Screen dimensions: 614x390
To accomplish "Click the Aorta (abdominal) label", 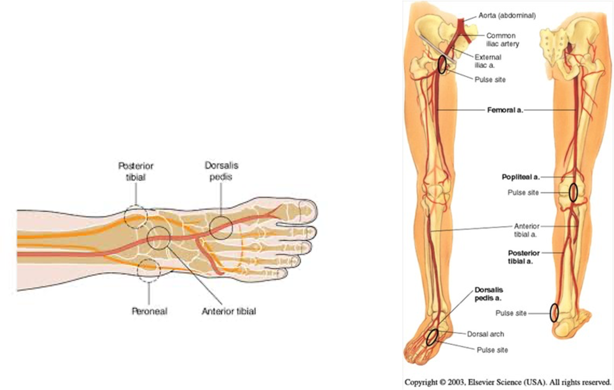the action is [x=507, y=15].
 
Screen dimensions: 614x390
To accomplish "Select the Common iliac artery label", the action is [x=503, y=40].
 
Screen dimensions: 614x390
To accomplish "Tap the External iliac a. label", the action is [x=488, y=61].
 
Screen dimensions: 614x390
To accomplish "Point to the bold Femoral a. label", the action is [x=505, y=110].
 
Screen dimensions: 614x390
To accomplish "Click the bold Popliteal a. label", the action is [x=520, y=177].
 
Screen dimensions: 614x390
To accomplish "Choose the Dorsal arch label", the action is [x=485, y=334].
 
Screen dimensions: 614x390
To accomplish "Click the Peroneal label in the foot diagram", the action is [x=149, y=311].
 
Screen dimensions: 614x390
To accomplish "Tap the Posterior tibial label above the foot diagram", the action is [x=136, y=171].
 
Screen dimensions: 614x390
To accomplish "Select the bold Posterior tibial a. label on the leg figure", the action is [x=524, y=257].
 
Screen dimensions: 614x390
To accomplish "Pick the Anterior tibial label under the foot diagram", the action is [x=229, y=311].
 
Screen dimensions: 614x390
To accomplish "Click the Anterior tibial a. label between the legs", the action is [x=526, y=230].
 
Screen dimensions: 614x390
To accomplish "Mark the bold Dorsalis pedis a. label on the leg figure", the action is [x=489, y=294].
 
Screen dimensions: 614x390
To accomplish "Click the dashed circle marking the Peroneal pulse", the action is [x=149, y=270].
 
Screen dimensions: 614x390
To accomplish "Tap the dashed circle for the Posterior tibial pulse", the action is [x=135, y=216].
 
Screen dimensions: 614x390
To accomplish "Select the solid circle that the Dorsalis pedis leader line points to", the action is [x=221, y=227].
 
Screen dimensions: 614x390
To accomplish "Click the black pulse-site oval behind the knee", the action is [x=573, y=192].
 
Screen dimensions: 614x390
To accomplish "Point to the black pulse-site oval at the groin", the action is [x=442, y=64].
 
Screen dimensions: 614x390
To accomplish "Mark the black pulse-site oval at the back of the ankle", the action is [x=554, y=313].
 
